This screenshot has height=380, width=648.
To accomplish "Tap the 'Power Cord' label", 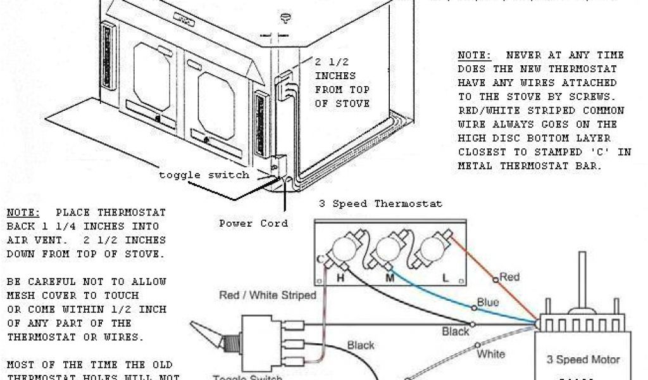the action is pos(253,223).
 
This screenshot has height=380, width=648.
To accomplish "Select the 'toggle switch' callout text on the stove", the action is pos(204,175).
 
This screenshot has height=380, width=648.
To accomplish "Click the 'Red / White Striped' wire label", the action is pos(268,295).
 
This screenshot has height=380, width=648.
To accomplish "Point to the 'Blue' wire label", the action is pos(487,303).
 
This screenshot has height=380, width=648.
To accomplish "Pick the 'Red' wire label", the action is pos(509,276).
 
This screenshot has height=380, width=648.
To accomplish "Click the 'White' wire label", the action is pos(490,353).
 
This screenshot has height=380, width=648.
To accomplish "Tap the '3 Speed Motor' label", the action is pos(583,360).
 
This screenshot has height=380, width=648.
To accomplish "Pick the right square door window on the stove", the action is pos(216,95).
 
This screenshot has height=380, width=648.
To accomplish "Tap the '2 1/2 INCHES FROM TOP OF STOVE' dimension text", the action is pos(342,82).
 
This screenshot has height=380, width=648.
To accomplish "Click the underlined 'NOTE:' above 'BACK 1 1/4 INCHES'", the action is pos(24,212).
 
